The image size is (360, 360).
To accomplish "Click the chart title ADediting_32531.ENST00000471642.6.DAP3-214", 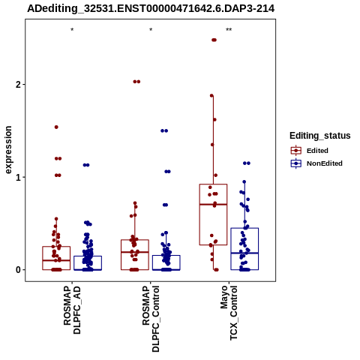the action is pyautogui.click(x=151, y=9).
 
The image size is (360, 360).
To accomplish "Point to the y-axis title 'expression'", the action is pyautogui.click(x=8, y=150).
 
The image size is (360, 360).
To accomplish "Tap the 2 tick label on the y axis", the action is pyautogui.click(x=18, y=85).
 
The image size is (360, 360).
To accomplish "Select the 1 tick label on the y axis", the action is pyautogui.click(x=18, y=177).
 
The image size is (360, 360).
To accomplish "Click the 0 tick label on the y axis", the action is pyautogui.click(x=18, y=270).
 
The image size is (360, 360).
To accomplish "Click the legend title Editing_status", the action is pyautogui.click(x=320, y=136).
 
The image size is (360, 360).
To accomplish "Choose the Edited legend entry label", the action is pyautogui.click(x=317, y=151).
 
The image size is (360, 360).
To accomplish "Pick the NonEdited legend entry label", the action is pyautogui.click(x=325, y=163).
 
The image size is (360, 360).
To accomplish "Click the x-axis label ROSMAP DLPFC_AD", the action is pyautogui.click(x=72, y=310).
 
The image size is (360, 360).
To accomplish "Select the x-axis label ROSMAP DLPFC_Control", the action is pyautogui.click(x=151, y=319).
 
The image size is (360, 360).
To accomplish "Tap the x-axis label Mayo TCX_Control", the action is pyautogui.click(x=229, y=313).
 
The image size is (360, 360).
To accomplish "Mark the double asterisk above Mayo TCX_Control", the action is pyautogui.click(x=229, y=30).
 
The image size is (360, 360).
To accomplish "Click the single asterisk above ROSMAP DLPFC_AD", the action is pyautogui.click(x=72, y=30).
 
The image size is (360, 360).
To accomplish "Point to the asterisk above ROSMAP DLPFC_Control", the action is pyautogui.click(x=151, y=30).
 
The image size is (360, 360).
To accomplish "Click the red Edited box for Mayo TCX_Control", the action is pyautogui.click(x=199, y=214).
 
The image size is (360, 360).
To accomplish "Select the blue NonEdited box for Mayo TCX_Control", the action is pyautogui.click(x=231, y=249).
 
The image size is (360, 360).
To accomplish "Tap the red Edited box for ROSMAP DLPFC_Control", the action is pyautogui.click(x=121, y=255).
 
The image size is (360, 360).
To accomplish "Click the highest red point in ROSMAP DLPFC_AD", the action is pyautogui.click(x=56, y=127).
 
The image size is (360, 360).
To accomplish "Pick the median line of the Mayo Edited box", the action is pyautogui.click(x=213, y=205).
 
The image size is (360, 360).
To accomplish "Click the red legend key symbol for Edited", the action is pyautogui.click(x=296, y=151).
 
